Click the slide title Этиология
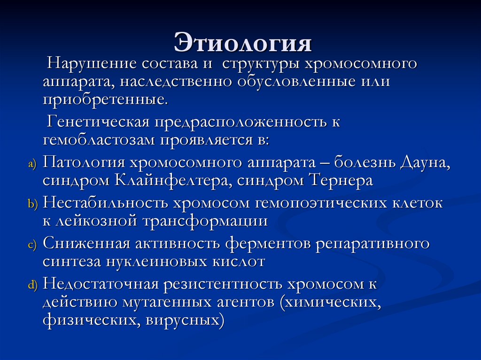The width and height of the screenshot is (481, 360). click(243, 43)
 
